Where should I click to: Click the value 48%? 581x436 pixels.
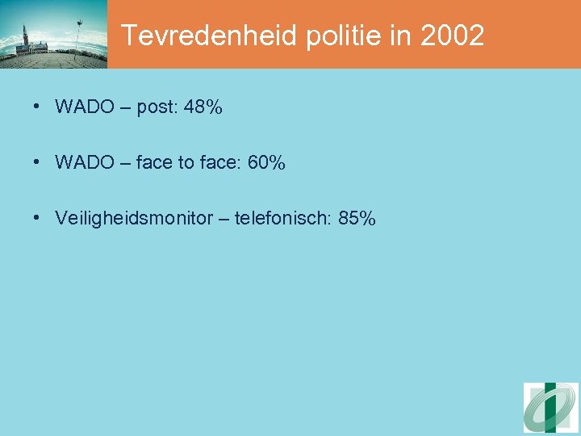point(203,107)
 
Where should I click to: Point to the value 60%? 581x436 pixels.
point(266,163)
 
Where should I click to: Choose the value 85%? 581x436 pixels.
point(357,219)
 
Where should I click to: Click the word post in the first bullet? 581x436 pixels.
point(154,108)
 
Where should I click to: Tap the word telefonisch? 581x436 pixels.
point(283,219)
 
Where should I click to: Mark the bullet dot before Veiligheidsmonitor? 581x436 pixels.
point(38,219)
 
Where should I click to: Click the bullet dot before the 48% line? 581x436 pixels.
point(38,107)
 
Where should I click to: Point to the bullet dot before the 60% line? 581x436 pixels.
point(38,163)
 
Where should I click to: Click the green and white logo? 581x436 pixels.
point(551,408)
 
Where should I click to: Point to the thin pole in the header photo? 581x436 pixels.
point(78,36)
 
